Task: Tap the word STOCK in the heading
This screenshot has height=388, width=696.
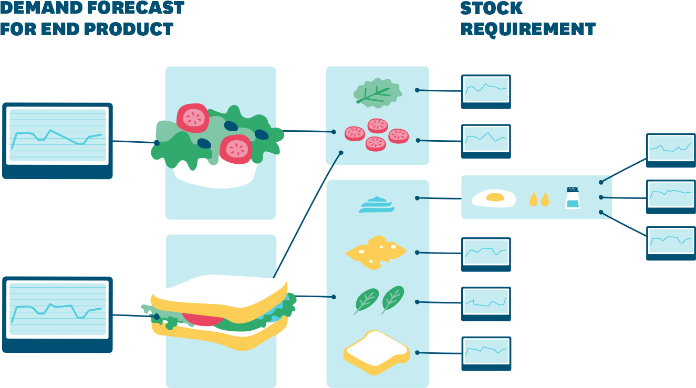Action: [x=491, y=8]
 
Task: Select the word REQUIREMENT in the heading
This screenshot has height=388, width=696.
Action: [x=528, y=29]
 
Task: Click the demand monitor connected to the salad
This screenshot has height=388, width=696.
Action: [x=57, y=139]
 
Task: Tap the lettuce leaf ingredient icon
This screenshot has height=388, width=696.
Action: [x=377, y=92]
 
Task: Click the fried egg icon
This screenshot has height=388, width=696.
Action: [x=493, y=198]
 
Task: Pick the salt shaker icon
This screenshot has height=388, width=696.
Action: [x=573, y=198]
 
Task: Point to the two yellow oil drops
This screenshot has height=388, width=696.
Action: [x=539, y=199]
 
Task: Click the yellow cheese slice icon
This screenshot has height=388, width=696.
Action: [x=376, y=252]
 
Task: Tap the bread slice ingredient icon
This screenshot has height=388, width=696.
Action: [x=376, y=352]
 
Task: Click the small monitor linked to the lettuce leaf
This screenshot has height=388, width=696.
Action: [x=486, y=90]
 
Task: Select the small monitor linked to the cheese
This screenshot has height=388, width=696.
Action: [x=486, y=253]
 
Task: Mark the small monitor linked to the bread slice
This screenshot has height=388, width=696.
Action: [x=486, y=352]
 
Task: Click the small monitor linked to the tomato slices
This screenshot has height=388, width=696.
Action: [x=486, y=140]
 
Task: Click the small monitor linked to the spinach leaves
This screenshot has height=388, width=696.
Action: [x=486, y=303]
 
